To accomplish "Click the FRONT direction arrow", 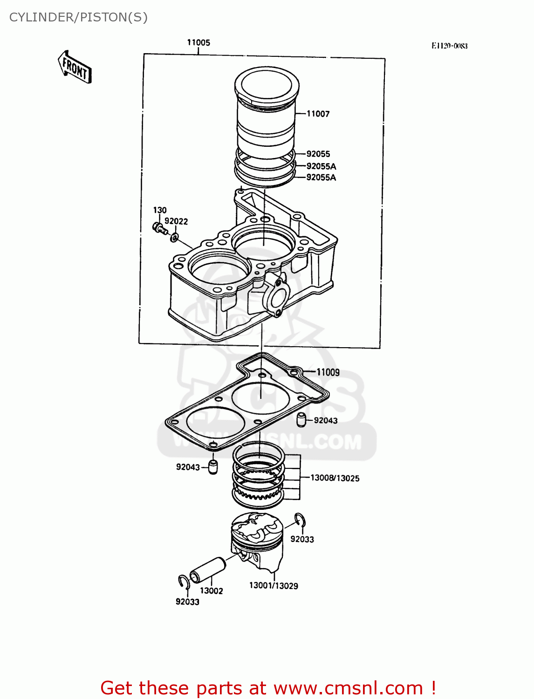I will (75, 68).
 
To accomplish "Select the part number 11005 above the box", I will (199, 42).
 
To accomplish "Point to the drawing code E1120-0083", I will (449, 46).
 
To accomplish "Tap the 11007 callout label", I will (318, 114).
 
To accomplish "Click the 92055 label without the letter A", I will (318, 154).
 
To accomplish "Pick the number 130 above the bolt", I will (160, 210).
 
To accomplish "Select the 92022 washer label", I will (176, 221).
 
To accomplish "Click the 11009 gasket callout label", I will (328, 372).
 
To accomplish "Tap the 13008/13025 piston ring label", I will (335, 478).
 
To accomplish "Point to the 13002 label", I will (212, 591).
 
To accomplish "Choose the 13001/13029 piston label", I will (274, 586).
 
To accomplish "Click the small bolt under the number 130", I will (159, 228).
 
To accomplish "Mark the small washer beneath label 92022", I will (174, 237).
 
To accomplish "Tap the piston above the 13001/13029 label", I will (257, 541).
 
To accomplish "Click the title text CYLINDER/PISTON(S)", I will (78, 17).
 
